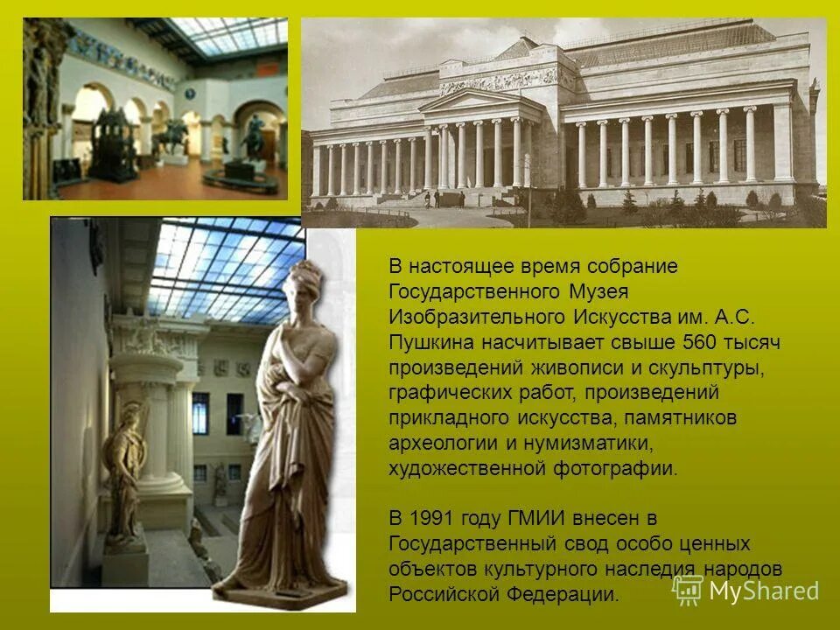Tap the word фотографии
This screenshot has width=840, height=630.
[614, 468]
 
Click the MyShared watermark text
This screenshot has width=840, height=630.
[763, 591]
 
